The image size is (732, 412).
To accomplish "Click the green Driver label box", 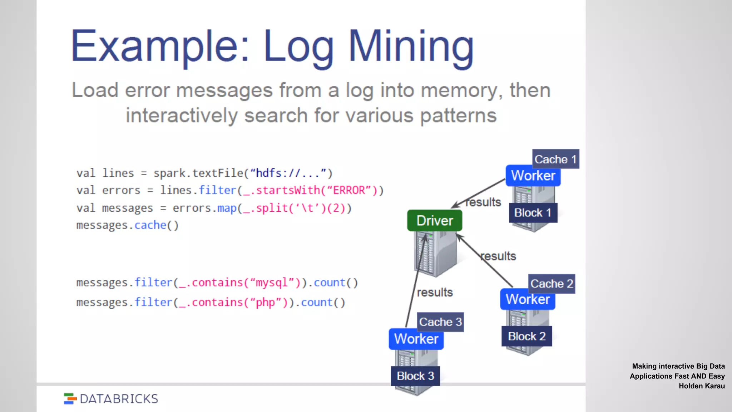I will point(434,221).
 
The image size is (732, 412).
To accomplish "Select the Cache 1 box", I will point(555,159).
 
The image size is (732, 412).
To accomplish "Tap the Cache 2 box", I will point(552,284).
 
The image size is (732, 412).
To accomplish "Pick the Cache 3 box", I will point(440,322).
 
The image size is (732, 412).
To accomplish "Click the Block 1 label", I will point(533,213).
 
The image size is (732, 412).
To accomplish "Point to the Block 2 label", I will point(526,336).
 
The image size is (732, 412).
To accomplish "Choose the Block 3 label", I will point(415,376).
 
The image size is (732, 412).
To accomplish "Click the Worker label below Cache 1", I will point(533,176).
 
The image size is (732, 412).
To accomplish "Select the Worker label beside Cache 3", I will point(416,339).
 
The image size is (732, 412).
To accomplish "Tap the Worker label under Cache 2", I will point(528,299).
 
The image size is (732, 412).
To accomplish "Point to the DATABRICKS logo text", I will point(119,399).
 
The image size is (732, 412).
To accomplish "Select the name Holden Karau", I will point(701,386).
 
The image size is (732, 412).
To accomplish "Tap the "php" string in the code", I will point(265,303).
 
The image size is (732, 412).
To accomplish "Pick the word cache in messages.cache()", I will point(150,225).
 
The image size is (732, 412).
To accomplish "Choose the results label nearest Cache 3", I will point(435,293).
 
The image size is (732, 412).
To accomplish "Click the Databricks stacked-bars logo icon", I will point(70,399).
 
